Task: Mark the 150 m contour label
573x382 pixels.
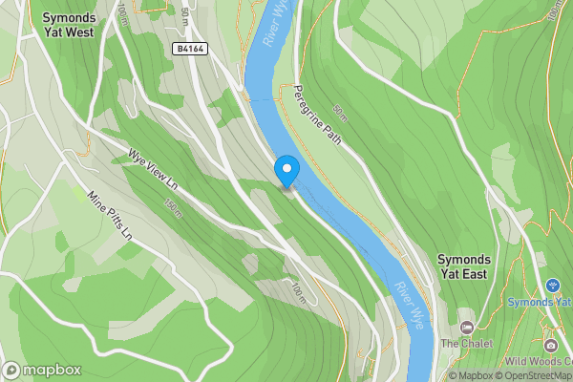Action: coord(173,208)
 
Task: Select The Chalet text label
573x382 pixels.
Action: coord(465,343)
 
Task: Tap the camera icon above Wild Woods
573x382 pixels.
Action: coord(551,343)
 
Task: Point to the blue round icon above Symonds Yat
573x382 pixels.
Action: coord(552,285)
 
